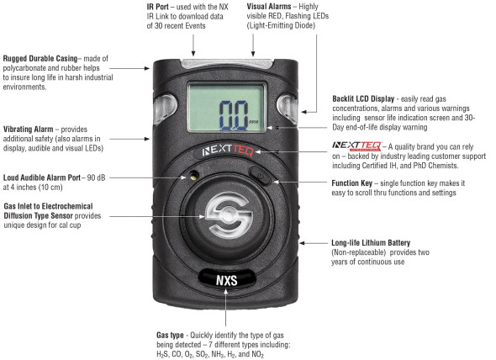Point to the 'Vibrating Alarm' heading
pyautogui.click(x=31, y=129)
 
